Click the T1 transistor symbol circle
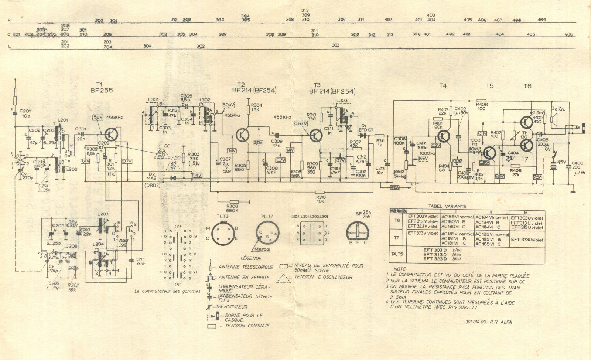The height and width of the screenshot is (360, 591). pyautogui.click(x=110, y=135)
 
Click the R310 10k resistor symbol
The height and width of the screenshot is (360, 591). pyautogui.click(x=320, y=192)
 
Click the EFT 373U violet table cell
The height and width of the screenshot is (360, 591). pyautogui.click(x=527, y=239)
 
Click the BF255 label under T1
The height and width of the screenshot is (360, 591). pyautogui.click(x=101, y=89)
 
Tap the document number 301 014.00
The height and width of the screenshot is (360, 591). pyautogui.click(x=474, y=322)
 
